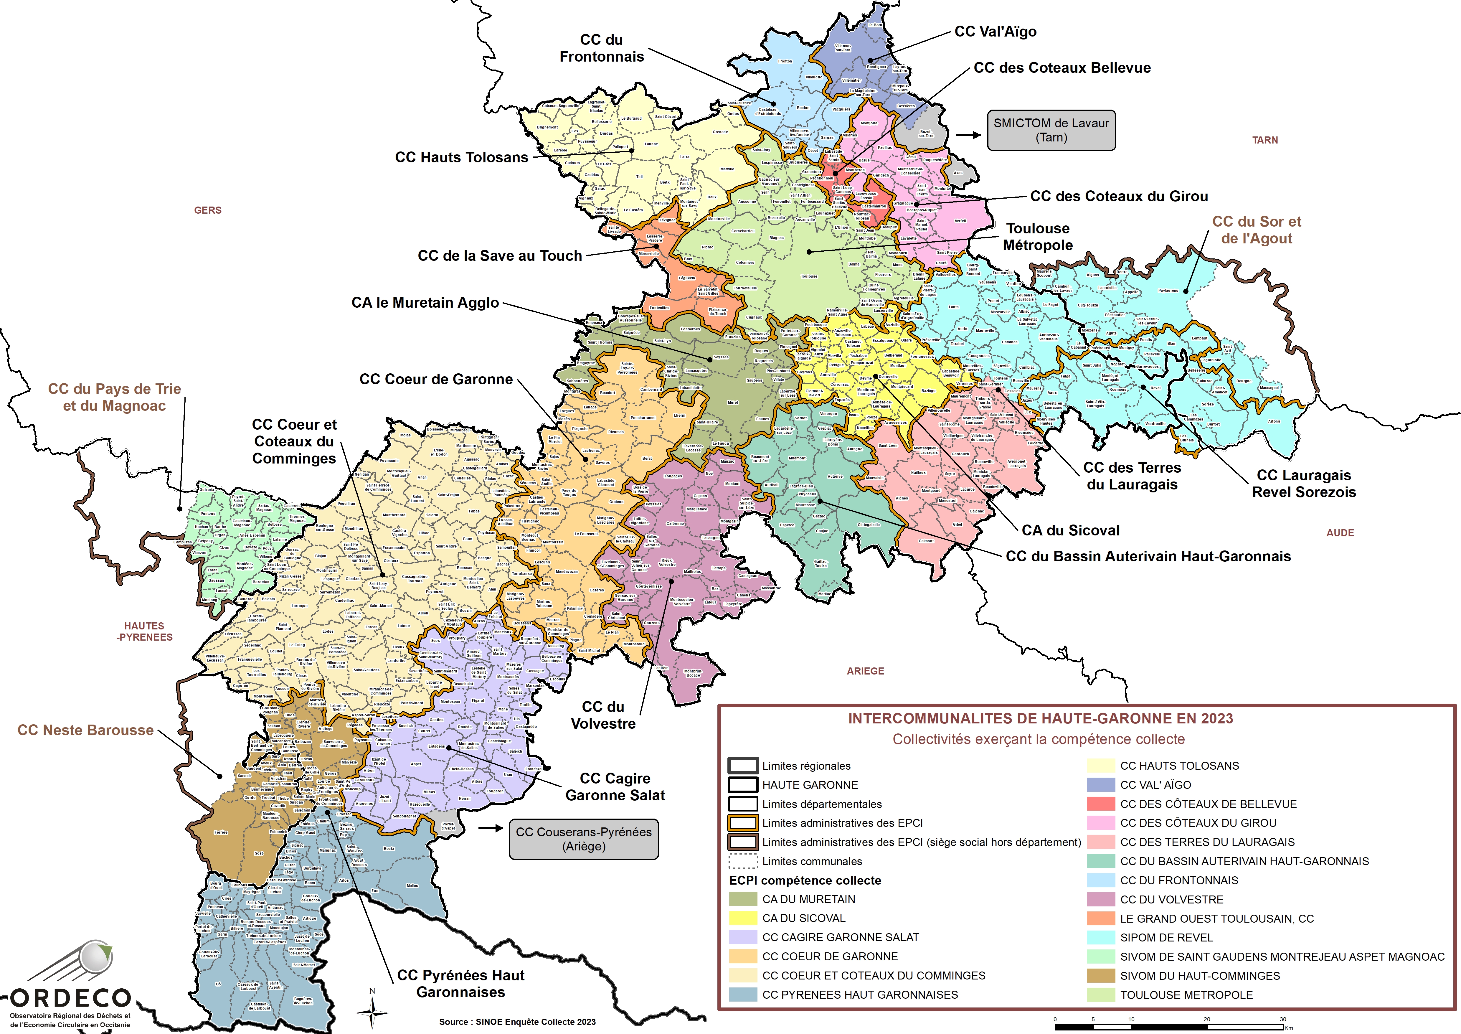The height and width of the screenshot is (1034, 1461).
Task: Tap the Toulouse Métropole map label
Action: tap(1038, 237)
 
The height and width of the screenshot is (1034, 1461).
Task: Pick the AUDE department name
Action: tap(1340, 533)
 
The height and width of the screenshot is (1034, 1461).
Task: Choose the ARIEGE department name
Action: tap(865, 671)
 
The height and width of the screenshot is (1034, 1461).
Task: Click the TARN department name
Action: tap(1265, 140)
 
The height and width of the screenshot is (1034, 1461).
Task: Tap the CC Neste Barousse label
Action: tap(85, 730)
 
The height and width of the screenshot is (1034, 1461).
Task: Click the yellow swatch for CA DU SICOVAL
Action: tap(743, 918)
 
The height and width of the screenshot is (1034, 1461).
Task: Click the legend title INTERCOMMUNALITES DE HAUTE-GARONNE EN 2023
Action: tap(1040, 719)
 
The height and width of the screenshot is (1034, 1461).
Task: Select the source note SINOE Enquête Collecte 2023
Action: tap(517, 1022)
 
